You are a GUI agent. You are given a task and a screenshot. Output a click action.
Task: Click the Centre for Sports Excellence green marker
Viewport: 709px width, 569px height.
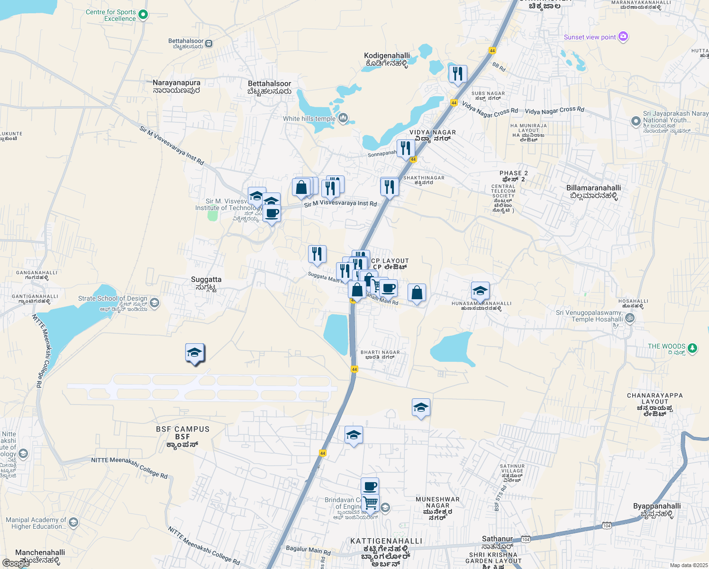[143, 15]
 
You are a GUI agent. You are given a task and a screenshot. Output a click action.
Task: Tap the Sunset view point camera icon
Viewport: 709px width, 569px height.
[623, 37]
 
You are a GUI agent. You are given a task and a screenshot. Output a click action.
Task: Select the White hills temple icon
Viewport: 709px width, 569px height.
[343, 118]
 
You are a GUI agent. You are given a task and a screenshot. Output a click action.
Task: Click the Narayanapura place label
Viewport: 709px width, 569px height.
[176, 86]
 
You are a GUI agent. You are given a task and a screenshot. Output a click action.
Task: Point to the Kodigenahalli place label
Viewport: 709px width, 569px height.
[387, 59]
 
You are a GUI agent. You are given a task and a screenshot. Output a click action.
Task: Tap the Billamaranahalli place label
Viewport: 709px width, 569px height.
[593, 192]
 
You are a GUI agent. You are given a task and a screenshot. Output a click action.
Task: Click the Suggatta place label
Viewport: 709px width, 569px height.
[206, 283]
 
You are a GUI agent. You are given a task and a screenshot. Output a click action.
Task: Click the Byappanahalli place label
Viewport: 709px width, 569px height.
[657, 510]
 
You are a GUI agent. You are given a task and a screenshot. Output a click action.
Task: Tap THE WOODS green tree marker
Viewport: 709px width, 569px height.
[692, 348]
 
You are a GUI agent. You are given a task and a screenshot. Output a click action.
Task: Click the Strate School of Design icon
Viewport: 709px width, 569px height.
[154, 303]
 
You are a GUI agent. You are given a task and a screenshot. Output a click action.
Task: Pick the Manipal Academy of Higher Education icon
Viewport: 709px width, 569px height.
[73, 523]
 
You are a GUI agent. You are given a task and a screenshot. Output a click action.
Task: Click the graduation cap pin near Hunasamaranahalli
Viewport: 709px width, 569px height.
[480, 291]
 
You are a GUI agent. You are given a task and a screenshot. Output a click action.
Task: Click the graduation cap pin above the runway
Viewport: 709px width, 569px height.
[195, 353]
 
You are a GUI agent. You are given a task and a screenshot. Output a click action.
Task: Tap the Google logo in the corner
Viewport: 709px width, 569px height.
[16, 563]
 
